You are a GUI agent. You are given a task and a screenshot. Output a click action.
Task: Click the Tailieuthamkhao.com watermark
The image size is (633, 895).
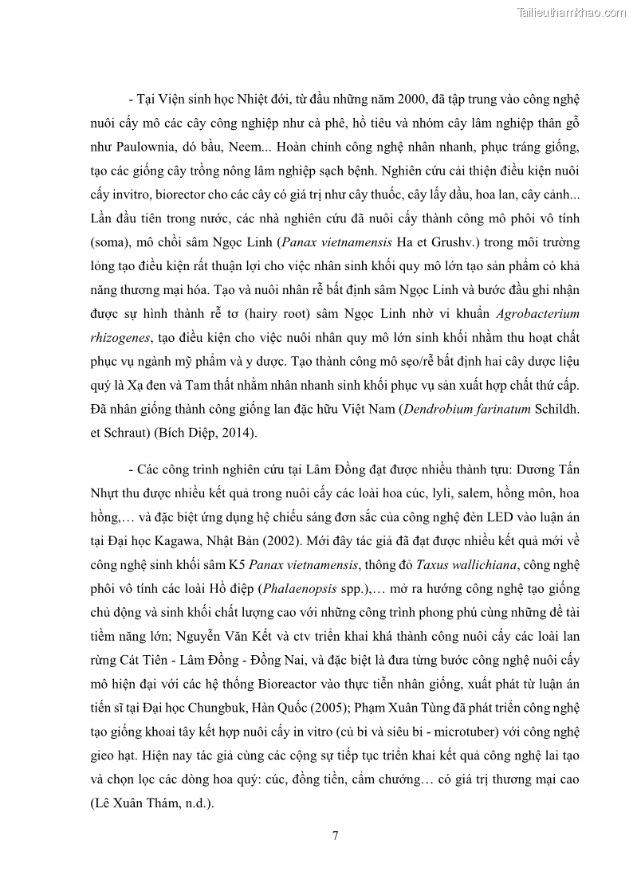click(x=572, y=12)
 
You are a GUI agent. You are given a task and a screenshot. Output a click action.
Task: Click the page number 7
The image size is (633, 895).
click(x=336, y=835)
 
